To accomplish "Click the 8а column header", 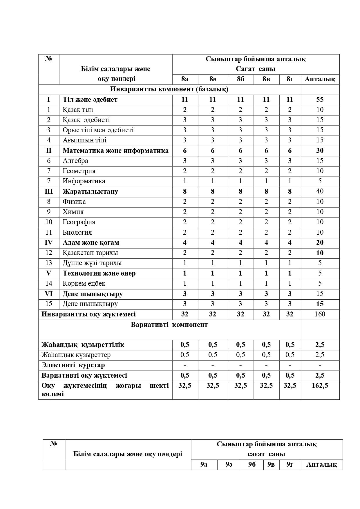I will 184,79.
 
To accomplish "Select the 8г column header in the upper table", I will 290,79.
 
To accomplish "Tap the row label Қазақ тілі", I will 78,110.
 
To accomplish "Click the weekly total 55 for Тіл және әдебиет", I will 320,99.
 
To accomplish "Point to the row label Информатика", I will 84,181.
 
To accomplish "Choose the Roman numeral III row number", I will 49,191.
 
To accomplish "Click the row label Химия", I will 73,212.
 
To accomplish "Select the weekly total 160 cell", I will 320,314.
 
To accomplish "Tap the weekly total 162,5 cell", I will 320,385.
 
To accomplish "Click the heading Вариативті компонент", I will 169,325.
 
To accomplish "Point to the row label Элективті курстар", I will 73,365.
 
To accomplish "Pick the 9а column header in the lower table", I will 204,464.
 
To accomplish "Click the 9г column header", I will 290,464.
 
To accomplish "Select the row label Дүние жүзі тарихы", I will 92,263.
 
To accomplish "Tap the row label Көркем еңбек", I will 84,283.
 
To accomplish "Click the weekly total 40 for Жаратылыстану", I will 320,191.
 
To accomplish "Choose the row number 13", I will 49,263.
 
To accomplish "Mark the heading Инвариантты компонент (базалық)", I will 169,89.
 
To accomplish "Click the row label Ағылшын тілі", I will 84,140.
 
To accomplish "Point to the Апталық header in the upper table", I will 320,79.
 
